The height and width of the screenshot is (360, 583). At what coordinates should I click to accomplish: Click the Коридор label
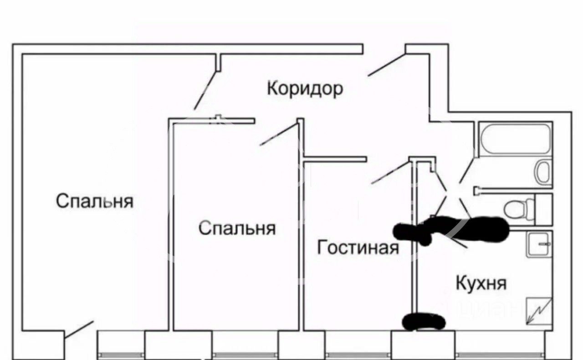pos(305,89)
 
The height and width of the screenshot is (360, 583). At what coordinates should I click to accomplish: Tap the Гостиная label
pos(358,247)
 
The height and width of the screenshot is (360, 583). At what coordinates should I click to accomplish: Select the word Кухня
pos(481,283)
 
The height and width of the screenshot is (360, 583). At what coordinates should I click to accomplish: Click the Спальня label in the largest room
pos(95,201)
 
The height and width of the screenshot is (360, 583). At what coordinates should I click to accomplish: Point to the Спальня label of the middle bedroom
pos(237,228)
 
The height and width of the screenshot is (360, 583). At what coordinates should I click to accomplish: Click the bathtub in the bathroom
pos(516,139)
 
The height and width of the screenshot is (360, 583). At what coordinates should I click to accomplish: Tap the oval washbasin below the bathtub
pos(543,172)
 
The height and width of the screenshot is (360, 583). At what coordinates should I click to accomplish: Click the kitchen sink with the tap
pos(538,244)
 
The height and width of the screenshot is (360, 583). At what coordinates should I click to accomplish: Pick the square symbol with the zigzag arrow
pos(539,311)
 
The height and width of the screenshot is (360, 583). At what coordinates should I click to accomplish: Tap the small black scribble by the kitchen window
pos(424,322)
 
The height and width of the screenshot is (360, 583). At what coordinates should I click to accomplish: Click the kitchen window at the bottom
pos(500,355)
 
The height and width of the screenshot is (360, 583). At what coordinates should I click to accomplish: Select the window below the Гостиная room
pos(358,355)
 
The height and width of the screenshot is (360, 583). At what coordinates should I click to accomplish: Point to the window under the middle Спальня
pos(245,355)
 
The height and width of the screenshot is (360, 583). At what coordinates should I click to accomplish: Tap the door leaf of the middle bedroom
pos(279,134)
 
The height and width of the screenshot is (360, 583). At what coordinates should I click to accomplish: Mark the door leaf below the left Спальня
pos(79,329)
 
